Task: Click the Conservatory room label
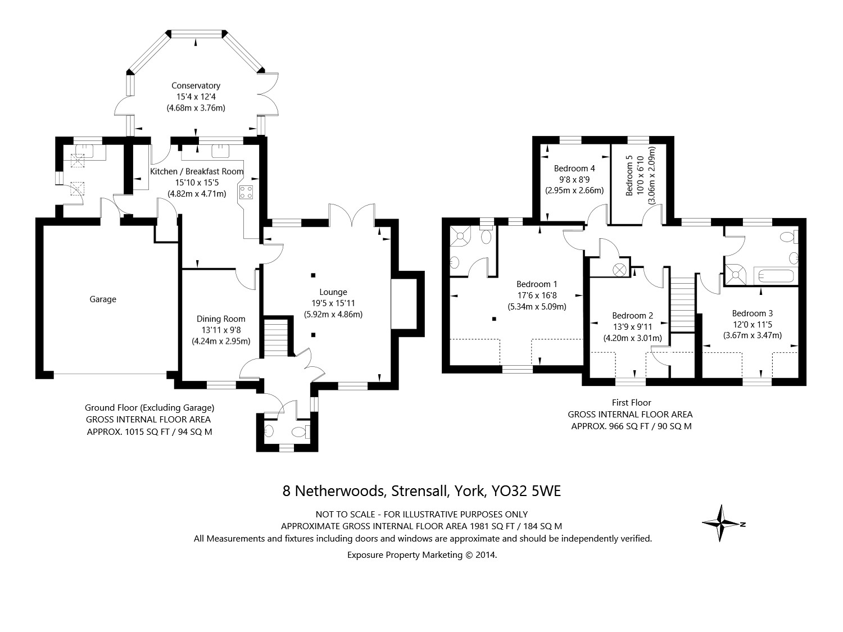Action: (196, 86)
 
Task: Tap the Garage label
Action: (103, 299)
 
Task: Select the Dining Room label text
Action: (221, 319)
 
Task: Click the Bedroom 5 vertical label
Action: (629, 176)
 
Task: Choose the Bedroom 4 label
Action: (574, 168)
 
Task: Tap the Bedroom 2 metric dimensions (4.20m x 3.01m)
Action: (633, 338)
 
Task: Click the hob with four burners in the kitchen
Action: (246, 192)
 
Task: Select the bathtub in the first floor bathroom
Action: (776, 276)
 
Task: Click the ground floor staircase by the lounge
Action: (275, 337)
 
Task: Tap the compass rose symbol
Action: (721, 524)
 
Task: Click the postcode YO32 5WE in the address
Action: (526, 491)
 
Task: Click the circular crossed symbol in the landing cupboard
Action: (619, 269)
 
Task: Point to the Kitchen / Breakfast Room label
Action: (197, 171)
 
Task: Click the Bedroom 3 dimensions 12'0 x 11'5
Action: (753, 325)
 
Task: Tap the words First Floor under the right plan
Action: (631, 402)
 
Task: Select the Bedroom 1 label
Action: (537, 284)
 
